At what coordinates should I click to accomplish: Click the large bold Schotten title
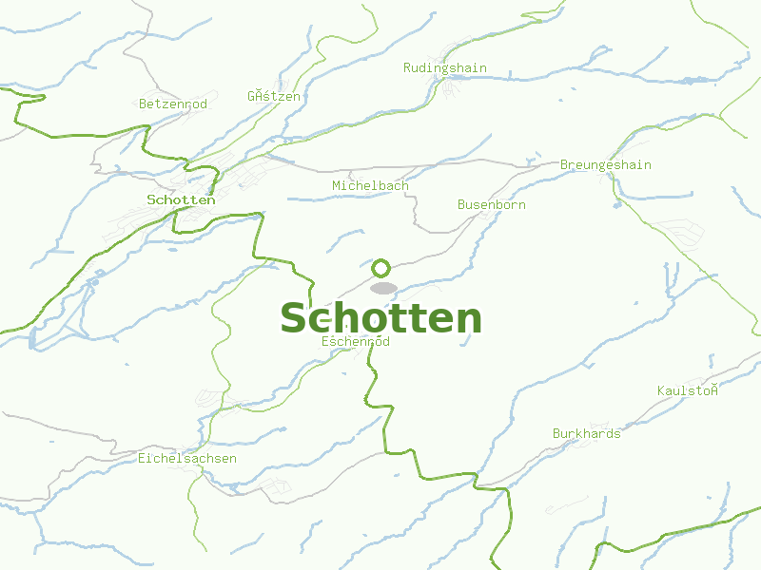[380, 318]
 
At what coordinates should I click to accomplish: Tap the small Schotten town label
[181, 199]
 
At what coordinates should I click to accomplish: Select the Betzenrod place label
[173, 104]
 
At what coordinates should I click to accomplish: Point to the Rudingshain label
[445, 67]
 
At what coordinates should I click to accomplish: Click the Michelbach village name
[370, 185]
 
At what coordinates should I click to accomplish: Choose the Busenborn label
[491, 204]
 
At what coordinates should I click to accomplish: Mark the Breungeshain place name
[605, 164]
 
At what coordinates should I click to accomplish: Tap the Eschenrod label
[356, 341]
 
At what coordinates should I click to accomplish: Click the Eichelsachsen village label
[187, 458]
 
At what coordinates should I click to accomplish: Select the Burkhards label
[586, 433]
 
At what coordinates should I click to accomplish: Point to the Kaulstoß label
[687, 390]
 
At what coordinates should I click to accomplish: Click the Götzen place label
[274, 96]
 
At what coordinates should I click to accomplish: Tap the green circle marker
[381, 268]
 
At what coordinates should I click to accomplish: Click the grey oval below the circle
[383, 288]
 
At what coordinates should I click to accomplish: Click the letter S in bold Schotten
[295, 318]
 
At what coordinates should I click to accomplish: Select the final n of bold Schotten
[467, 320]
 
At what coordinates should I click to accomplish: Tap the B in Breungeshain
[564, 164]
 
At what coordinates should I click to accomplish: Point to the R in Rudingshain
[407, 67]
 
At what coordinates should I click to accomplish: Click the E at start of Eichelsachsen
[142, 458]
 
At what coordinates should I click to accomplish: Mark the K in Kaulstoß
[661, 390]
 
